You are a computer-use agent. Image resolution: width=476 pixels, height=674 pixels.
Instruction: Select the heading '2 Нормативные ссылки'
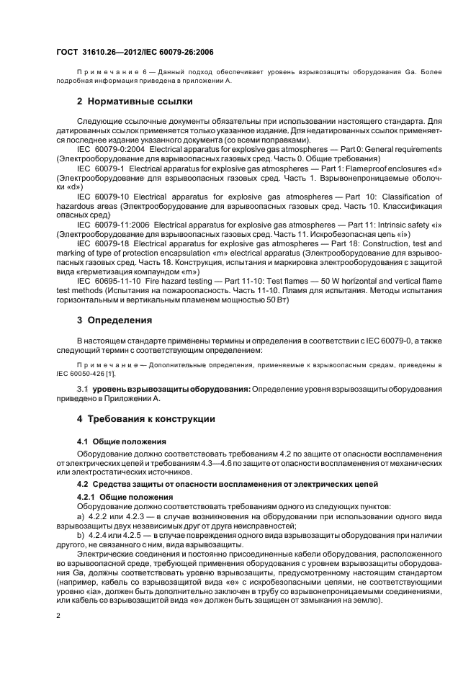(x=135, y=102)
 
